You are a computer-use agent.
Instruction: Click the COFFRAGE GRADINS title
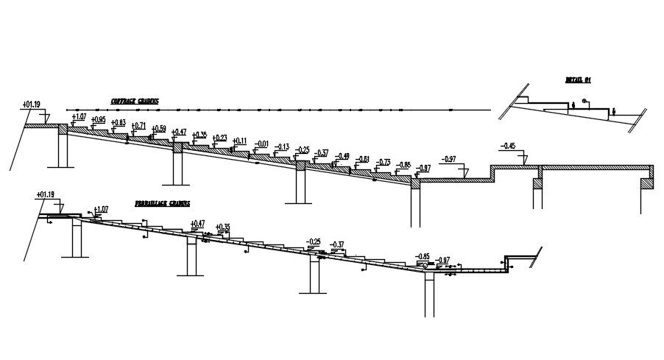(135, 102)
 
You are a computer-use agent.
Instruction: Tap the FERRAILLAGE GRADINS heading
(162, 203)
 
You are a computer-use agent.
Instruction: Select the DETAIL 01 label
(579, 80)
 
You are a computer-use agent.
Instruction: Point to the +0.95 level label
(98, 120)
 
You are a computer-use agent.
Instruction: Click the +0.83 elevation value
(118, 122)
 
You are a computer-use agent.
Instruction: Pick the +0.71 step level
(138, 125)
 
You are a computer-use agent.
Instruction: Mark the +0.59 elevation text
(158, 128)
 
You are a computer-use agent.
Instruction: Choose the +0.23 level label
(219, 138)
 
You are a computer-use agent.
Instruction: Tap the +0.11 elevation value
(239, 141)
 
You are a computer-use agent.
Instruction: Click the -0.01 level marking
(261, 144)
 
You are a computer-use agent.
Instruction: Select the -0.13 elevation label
(281, 147)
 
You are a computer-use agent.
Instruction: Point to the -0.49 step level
(342, 156)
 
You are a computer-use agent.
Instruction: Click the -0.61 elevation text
(362, 159)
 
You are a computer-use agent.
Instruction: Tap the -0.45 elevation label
(507, 146)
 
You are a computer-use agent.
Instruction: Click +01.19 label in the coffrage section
(32, 105)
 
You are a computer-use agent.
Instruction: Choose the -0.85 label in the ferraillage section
(423, 256)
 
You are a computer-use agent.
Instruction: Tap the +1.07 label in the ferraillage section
(100, 209)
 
